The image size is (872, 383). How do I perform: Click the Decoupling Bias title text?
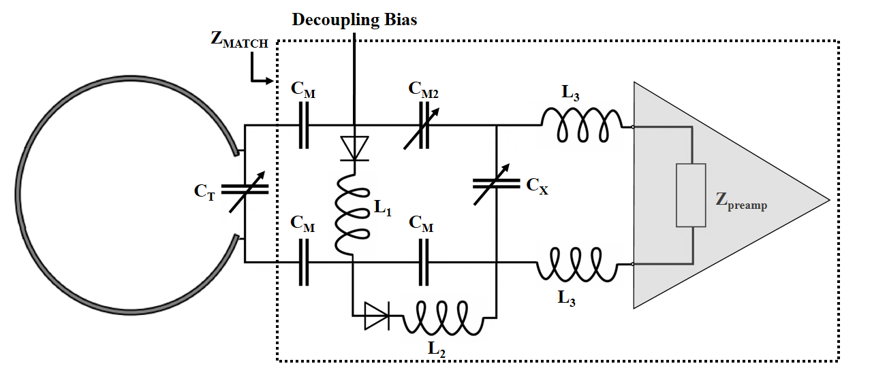point(354,20)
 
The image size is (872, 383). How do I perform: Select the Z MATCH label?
point(239,41)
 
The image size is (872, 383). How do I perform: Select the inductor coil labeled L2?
point(443,318)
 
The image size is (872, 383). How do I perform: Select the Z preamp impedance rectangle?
point(691,195)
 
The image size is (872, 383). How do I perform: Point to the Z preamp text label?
point(740,201)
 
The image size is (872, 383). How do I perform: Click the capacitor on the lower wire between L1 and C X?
point(424,262)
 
